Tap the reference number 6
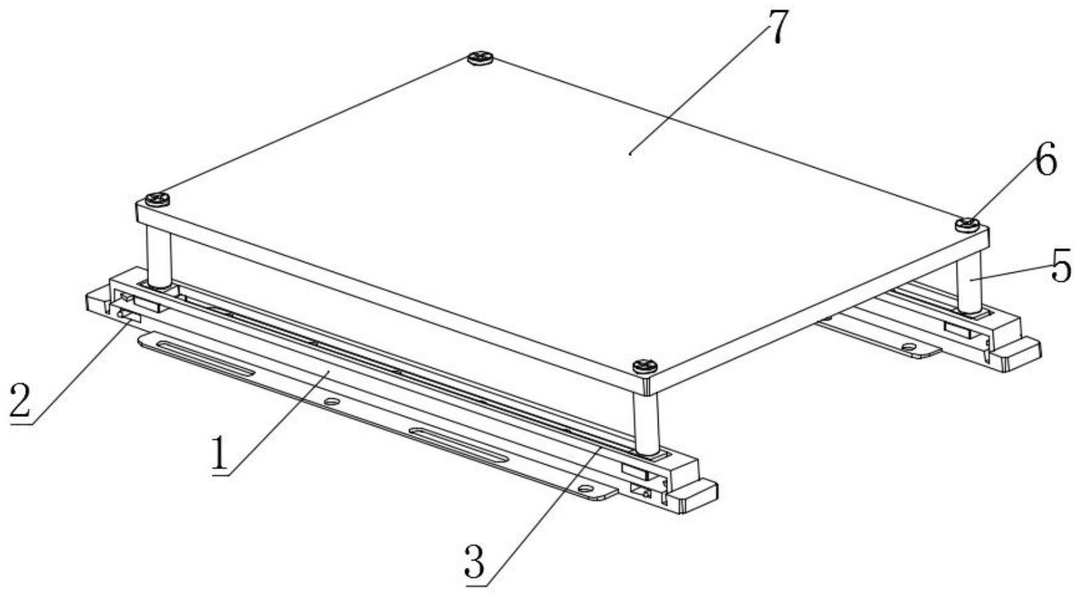1044,159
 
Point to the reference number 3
474,561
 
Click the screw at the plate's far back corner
480,59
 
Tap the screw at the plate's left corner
157,199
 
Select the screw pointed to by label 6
968,224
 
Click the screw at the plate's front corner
645,368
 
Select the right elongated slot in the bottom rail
458,445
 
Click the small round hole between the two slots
331,402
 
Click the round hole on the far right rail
908,346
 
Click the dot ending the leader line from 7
631,154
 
